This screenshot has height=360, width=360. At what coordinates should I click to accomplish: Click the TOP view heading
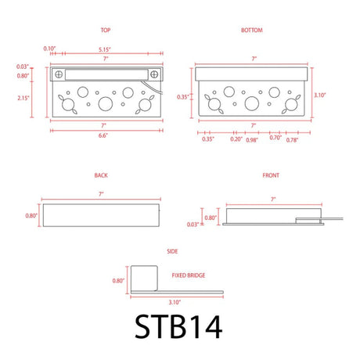click(106, 31)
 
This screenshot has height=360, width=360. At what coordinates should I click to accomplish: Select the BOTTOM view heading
click(252, 31)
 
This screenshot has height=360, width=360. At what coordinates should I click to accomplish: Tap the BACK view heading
click(101, 175)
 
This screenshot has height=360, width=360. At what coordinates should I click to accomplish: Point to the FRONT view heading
click(271, 175)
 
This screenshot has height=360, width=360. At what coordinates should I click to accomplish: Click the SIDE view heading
click(172, 251)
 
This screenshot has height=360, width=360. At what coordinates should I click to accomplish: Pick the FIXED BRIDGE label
click(189, 275)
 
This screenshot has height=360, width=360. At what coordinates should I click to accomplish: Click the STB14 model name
click(178, 326)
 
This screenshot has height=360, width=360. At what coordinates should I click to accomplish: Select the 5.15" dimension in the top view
click(105, 49)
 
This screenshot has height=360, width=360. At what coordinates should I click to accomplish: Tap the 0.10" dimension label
click(49, 49)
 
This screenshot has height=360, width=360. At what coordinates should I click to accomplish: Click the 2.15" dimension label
click(23, 98)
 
